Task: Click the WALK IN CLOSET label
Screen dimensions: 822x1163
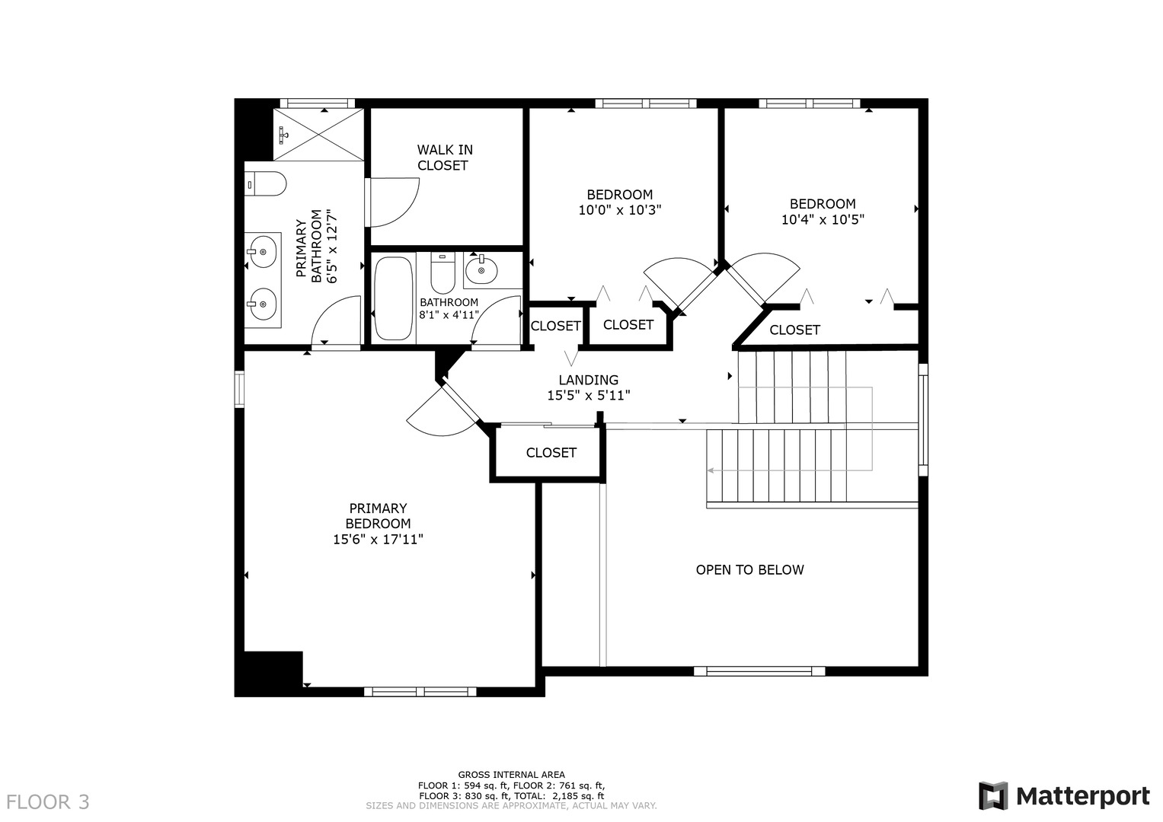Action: click(444, 158)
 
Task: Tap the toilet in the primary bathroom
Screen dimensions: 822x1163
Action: click(265, 184)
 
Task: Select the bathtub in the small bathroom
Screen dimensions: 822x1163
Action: click(393, 298)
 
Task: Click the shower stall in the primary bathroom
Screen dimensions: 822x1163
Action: click(318, 134)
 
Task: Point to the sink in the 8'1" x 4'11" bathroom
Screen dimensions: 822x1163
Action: click(481, 270)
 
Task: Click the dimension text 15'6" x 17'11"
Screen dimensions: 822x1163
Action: click(378, 540)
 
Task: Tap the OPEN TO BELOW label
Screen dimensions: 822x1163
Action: click(749, 570)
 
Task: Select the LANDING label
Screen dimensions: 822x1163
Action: click(588, 381)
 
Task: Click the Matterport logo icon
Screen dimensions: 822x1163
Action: click(993, 796)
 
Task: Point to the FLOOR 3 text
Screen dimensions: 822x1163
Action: click(48, 801)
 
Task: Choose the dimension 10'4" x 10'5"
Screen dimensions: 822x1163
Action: click(823, 220)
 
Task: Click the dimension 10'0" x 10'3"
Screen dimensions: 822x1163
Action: click(619, 210)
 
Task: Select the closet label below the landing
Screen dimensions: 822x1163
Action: click(551, 453)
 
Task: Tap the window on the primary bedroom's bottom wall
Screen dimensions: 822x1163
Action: click(420, 692)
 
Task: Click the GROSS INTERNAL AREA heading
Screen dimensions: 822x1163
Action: click(511, 775)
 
